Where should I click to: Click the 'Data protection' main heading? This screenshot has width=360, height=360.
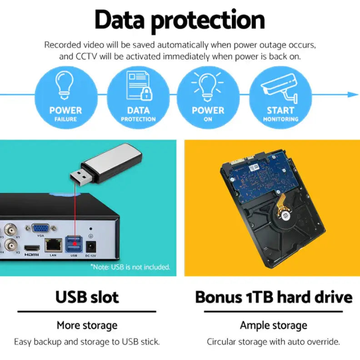click(x=180, y=20)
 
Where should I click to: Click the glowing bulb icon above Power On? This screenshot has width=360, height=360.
click(x=208, y=86)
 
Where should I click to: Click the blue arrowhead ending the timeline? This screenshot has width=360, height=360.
click(x=353, y=94)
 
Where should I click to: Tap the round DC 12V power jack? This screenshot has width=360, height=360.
click(x=90, y=246)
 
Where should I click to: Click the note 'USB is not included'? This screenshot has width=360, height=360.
click(x=130, y=267)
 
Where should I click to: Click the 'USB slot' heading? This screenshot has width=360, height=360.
click(x=87, y=297)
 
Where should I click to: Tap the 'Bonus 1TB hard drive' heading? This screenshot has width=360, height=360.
click(x=274, y=297)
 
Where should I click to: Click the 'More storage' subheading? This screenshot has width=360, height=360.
click(x=87, y=325)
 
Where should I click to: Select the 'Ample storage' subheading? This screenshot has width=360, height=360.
click(x=274, y=325)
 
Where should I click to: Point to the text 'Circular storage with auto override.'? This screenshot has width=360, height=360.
click(x=274, y=342)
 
